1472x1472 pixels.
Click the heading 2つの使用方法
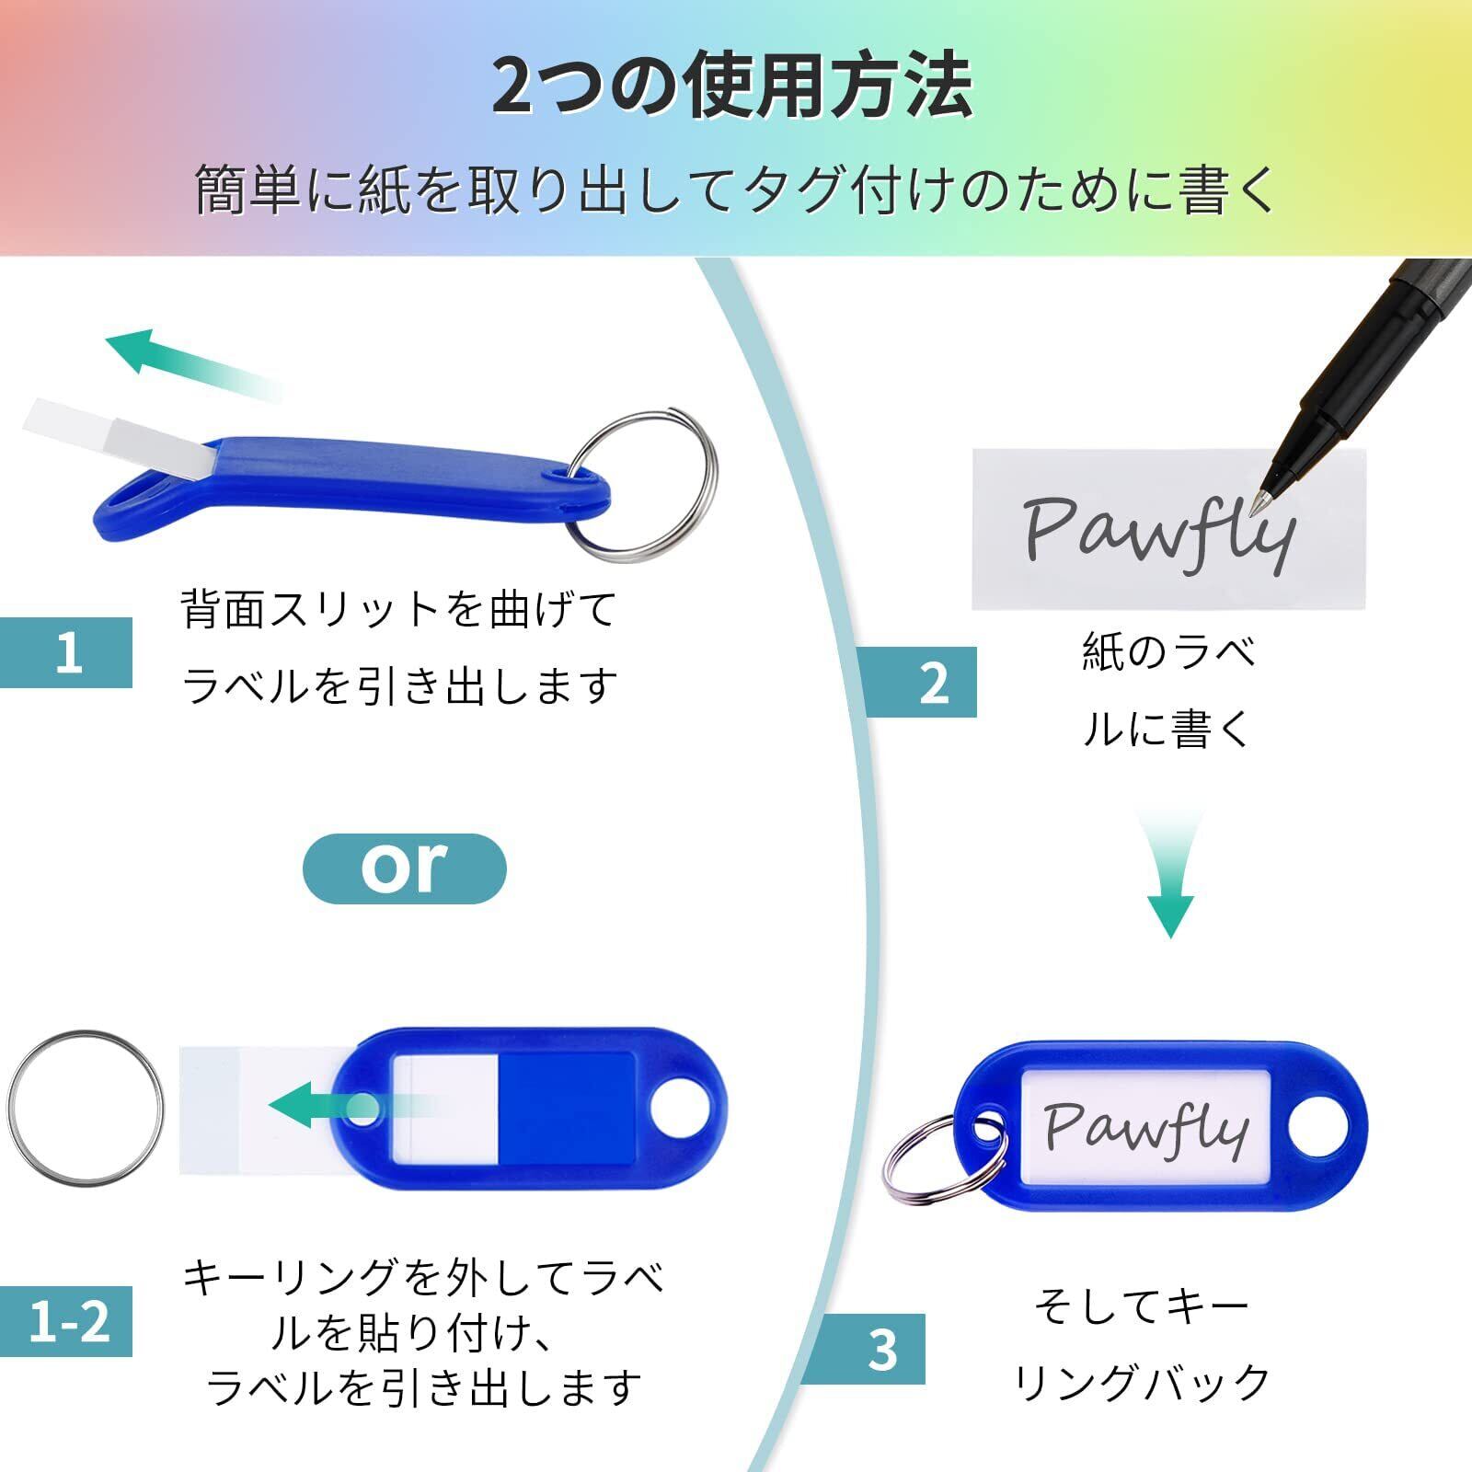tap(732, 87)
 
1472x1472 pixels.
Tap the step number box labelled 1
tap(67, 652)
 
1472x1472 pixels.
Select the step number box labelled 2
tap(921, 683)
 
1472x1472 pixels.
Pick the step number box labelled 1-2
tap(67, 1321)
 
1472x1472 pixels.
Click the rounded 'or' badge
tap(404, 868)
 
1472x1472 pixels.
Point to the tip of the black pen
tap(1269, 497)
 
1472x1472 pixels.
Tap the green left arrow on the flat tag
tap(340, 1104)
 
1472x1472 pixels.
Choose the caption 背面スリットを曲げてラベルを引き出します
tap(398, 648)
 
